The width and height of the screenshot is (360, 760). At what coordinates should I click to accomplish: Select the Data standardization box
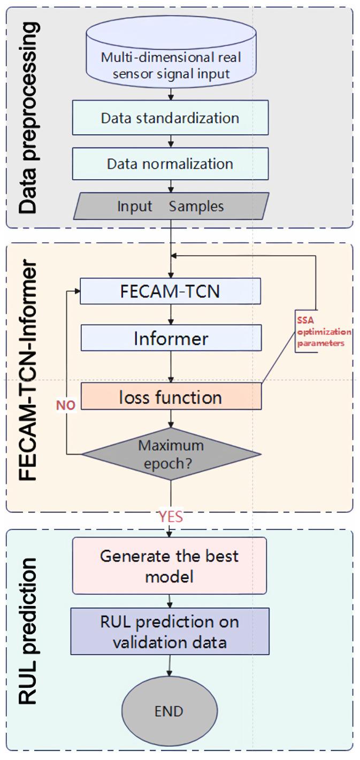pyautogui.click(x=170, y=118)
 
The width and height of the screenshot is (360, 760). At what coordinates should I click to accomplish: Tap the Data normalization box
pyautogui.click(x=170, y=163)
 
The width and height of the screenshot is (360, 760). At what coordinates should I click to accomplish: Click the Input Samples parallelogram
pyautogui.click(x=170, y=206)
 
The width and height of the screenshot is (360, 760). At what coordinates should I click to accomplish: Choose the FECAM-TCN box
pyautogui.click(x=170, y=291)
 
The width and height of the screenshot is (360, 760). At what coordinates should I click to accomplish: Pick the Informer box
pyautogui.click(x=170, y=338)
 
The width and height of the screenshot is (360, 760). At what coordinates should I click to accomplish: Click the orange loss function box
pyautogui.click(x=170, y=397)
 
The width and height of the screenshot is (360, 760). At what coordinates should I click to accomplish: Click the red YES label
pyautogui.click(x=170, y=517)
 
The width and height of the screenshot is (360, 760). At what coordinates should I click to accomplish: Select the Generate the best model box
pyautogui.click(x=169, y=565)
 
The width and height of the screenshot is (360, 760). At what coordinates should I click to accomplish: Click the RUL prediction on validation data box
pyautogui.click(x=169, y=631)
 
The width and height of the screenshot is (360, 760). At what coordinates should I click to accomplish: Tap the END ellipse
pyautogui.click(x=169, y=711)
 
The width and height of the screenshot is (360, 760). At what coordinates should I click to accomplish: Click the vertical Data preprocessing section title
pyautogui.click(x=27, y=118)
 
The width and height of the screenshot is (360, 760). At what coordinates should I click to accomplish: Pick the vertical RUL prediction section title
pyautogui.click(x=27, y=631)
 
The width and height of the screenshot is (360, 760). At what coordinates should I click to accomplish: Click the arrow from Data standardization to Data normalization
pyautogui.click(x=170, y=140)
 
